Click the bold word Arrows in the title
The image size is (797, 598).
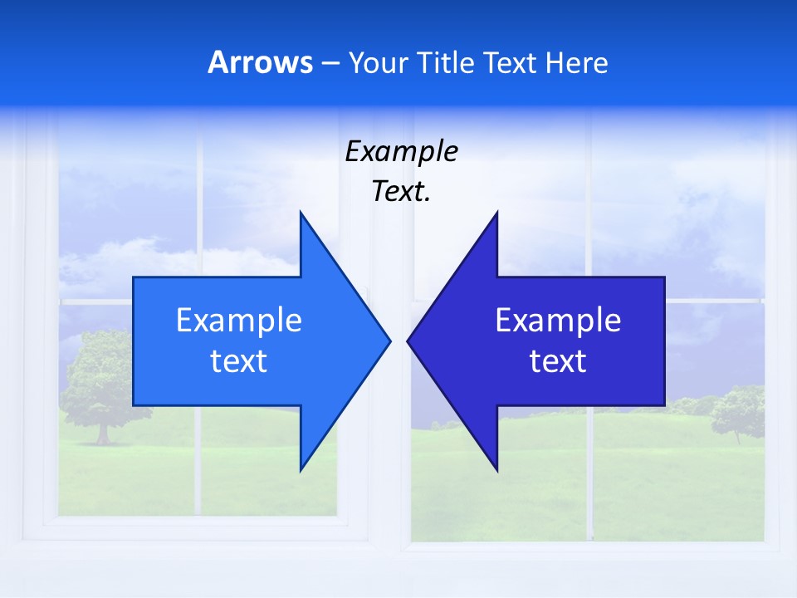pos(261,62)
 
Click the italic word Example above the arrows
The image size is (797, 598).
pos(401,151)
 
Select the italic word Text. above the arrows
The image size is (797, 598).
pos(401,192)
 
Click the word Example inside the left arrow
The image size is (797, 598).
pos(239,320)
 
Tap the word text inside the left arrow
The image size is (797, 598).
pos(239,361)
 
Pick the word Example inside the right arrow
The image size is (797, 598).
pos(558,320)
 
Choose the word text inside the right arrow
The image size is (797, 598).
pos(558,361)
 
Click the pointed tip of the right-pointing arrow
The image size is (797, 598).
pos(389,341)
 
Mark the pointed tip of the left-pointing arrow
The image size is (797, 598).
pos(408,341)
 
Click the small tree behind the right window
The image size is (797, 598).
pos(737,411)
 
